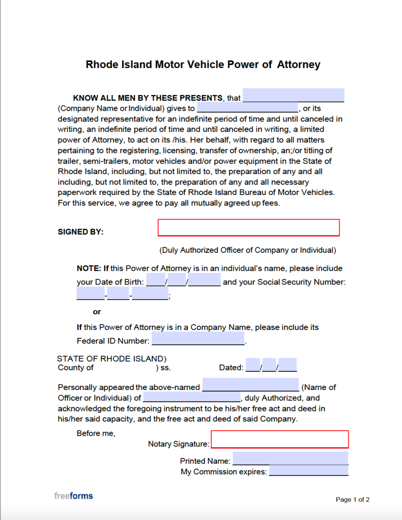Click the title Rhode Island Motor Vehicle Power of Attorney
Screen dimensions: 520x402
[x=203, y=64]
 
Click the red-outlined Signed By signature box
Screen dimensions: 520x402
[x=248, y=227]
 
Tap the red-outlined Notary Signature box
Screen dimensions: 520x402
[x=279, y=439]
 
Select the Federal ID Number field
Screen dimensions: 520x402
[x=198, y=339]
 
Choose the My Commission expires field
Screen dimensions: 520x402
[x=308, y=471]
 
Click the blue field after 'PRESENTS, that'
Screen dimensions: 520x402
[x=294, y=95]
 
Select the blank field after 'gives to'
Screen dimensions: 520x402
[x=247, y=108]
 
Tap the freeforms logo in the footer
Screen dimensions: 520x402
[x=74, y=496]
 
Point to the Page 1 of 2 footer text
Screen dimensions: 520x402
[x=352, y=500]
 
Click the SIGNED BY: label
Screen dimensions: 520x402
[x=81, y=232]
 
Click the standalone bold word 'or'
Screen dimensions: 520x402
[x=97, y=312]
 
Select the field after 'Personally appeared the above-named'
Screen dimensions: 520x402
[x=250, y=385]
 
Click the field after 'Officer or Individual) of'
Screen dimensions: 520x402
[x=192, y=397]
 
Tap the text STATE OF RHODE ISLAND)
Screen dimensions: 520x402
[x=112, y=358]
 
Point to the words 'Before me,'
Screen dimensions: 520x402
[x=96, y=433]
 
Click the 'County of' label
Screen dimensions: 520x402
[x=76, y=368]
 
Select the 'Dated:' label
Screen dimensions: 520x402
[x=231, y=368]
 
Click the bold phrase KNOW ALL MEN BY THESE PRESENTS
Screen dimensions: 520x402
[x=148, y=97]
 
